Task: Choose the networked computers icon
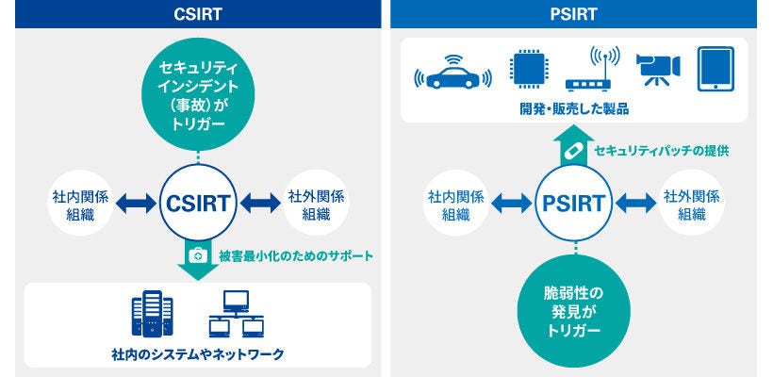click(233, 315)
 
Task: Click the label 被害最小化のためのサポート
click(296, 255)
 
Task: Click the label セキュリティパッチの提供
click(660, 151)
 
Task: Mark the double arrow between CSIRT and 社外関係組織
click(256, 203)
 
